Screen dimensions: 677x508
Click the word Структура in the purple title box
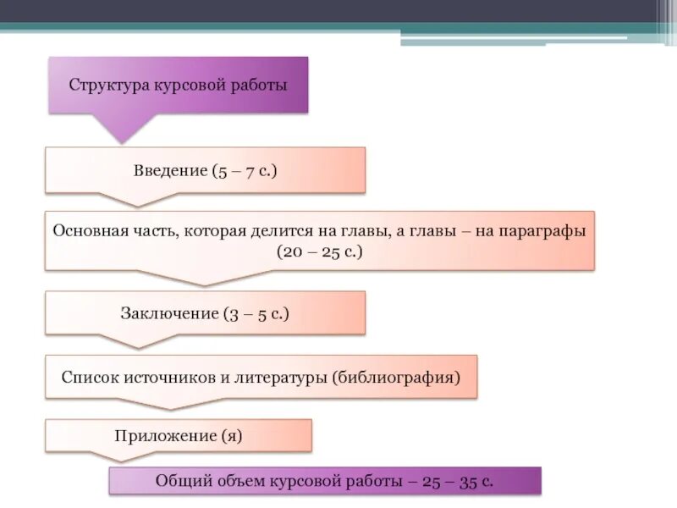tap(109, 86)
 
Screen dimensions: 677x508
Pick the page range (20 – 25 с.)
tap(320, 251)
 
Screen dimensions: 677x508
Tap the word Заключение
tap(169, 313)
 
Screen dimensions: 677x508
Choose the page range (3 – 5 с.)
tap(256, 313)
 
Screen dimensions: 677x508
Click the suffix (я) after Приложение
tap(232, 436)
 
